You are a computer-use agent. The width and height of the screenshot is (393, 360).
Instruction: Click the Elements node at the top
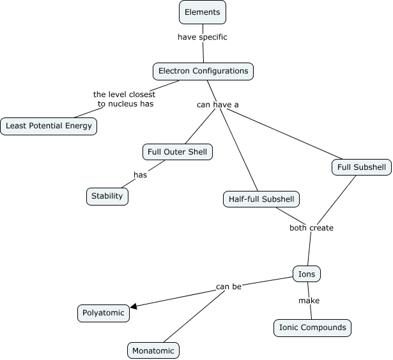tap(202, 12)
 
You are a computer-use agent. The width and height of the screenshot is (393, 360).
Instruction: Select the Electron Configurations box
tap(203, 71)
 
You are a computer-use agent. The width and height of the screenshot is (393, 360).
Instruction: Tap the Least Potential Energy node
tap(49, 126)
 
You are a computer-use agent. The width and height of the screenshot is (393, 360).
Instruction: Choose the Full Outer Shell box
tap(176, 152)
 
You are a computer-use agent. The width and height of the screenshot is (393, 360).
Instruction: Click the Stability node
tap(107, 196)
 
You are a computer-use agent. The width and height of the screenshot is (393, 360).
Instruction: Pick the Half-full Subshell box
tap(261, 199)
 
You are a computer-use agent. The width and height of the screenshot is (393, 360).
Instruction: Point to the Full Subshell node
tap(362, 167)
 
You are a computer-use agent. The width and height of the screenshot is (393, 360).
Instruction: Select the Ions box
tap(307, 274)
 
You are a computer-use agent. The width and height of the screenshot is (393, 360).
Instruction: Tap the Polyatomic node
tap(104, 313)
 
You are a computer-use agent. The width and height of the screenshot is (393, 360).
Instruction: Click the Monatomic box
tap(153, 350)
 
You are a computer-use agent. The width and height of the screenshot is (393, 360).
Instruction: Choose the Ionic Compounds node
tap(312, 327)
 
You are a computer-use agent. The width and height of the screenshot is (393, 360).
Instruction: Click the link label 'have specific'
tap(202, 37)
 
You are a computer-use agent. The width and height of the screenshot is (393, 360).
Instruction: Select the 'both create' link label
tap(312, 227)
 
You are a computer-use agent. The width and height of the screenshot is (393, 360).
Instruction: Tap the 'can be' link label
tap(228, 287)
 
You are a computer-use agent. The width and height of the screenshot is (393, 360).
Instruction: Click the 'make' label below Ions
tap(309, 301)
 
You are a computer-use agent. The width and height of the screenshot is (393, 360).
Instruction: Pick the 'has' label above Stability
tap(140, 175)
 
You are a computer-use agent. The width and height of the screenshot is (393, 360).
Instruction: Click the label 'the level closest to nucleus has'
tap(125, 99)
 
